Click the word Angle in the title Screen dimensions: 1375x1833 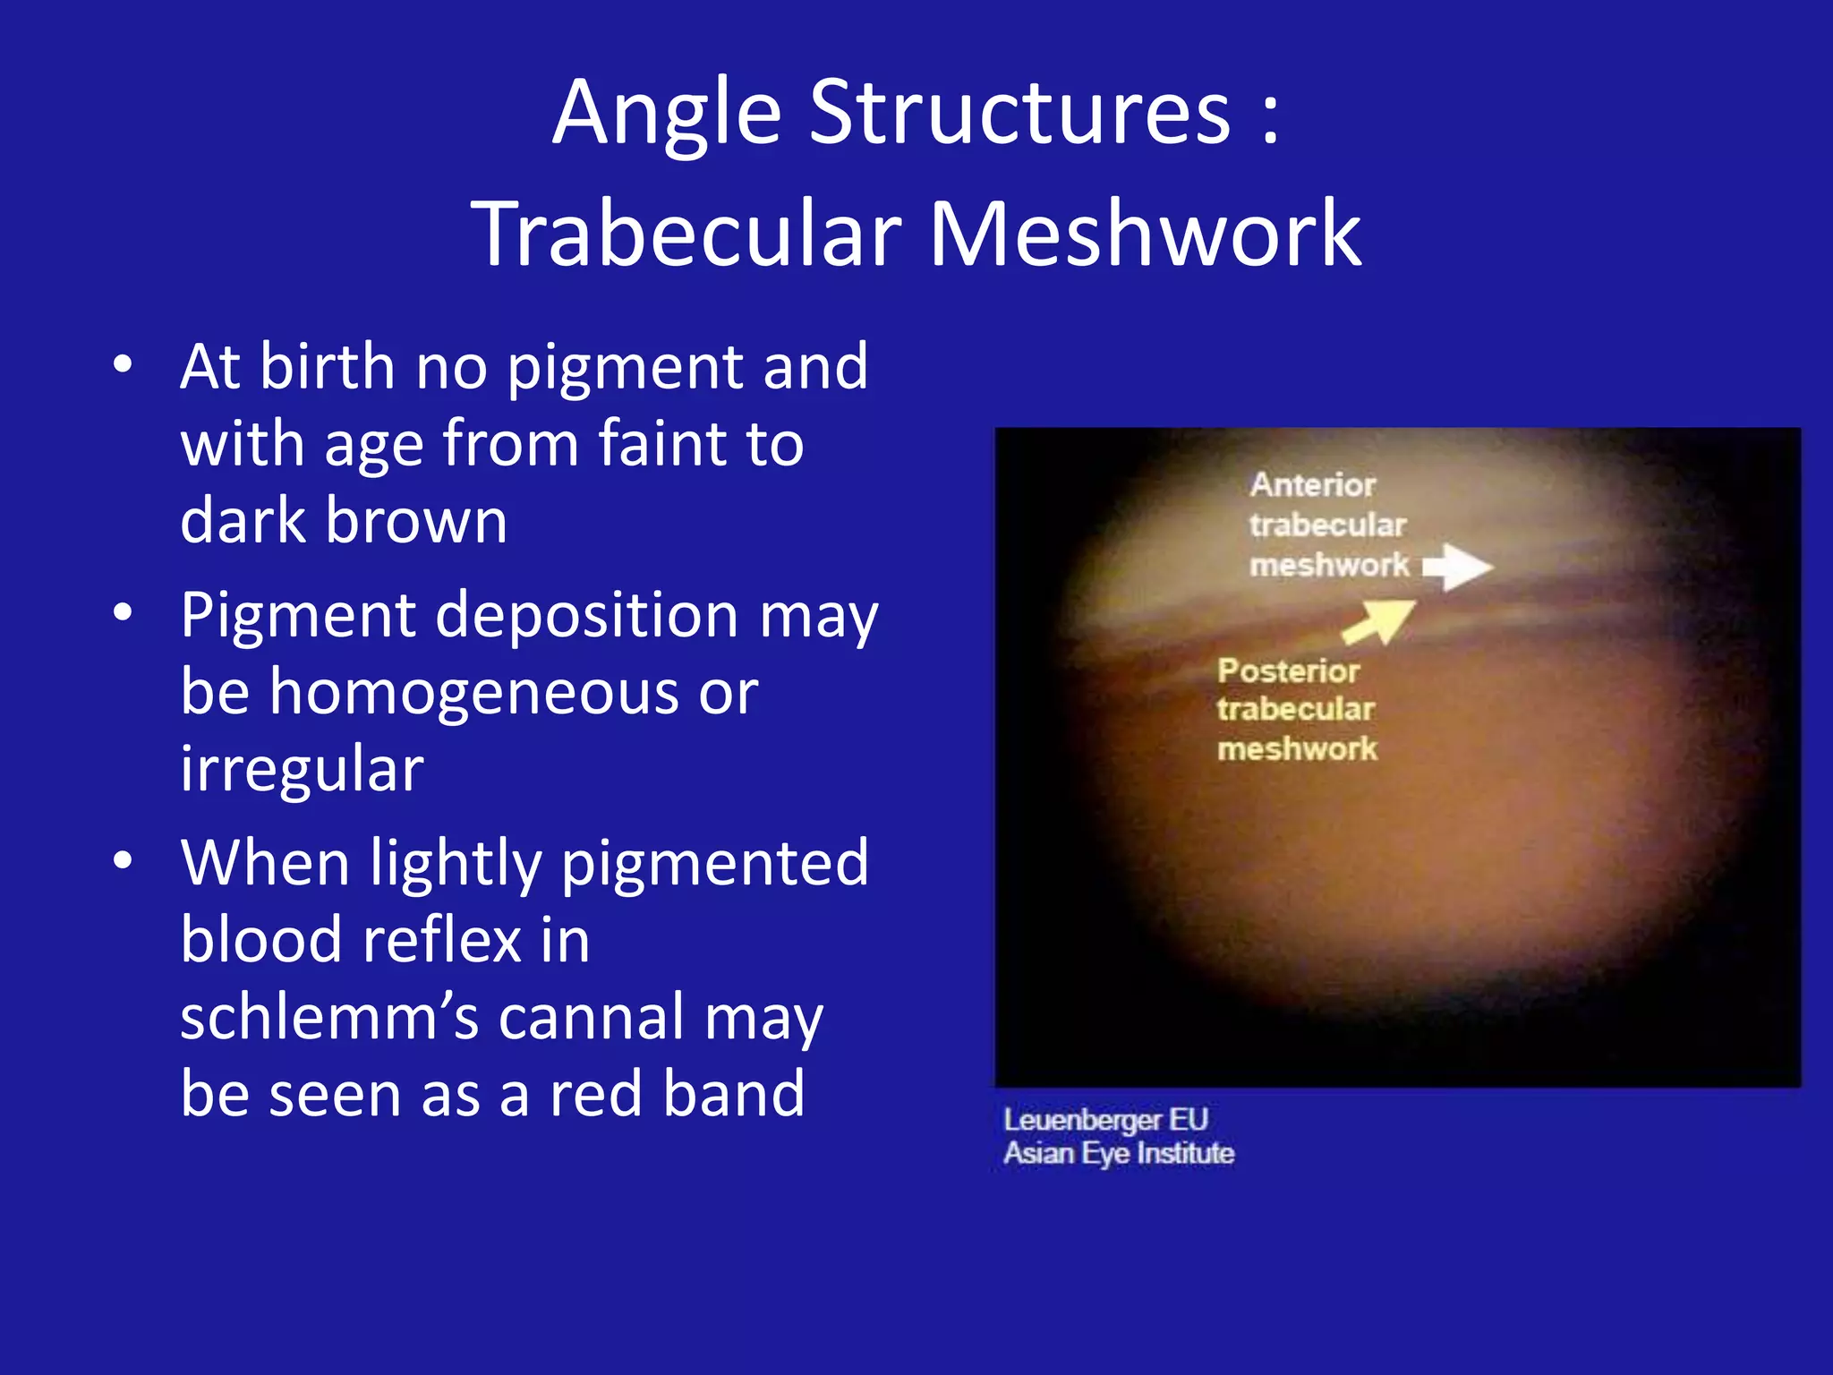[667, 114]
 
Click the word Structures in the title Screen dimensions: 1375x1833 [1020, 114]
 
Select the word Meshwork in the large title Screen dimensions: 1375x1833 [1145, 235]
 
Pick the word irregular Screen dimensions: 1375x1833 [302, 770]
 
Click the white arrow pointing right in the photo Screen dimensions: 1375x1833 [1459, 567]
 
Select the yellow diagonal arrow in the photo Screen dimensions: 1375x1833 [1380, 620]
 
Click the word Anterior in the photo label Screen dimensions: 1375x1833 [1312, 485]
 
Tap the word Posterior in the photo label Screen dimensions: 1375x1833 [1288, 671]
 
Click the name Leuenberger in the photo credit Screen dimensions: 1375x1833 [1082, 1120]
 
